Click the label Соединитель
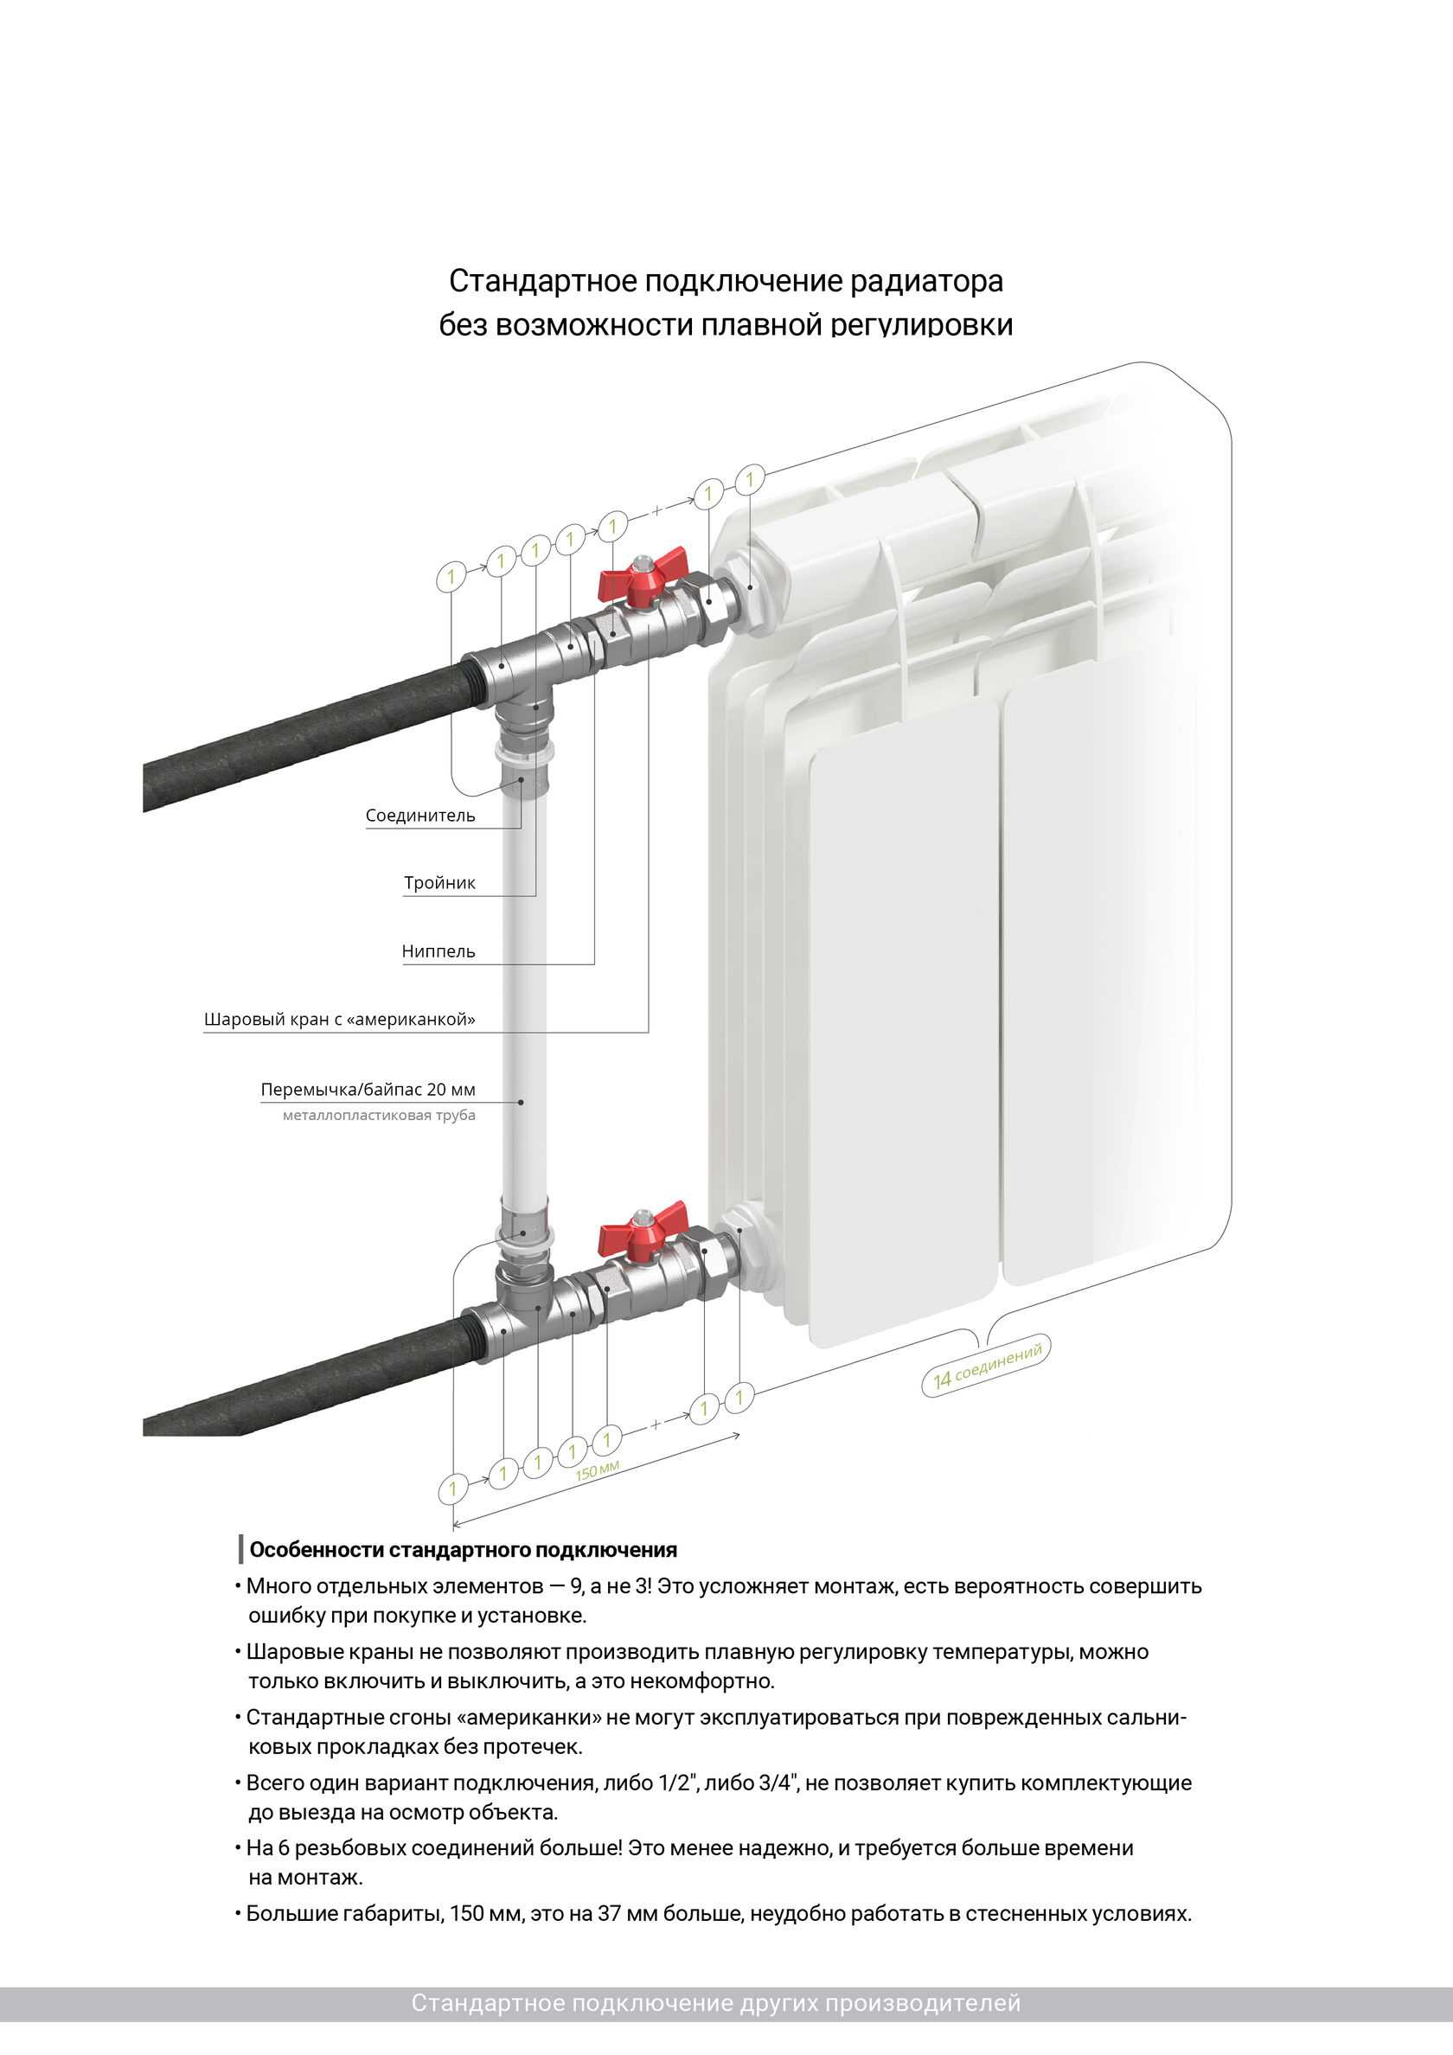coord(419,816)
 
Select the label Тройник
coord(438,882)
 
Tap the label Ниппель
coord(438,951)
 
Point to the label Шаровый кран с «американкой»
coord(339,1019)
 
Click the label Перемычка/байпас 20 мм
coord(368,1089)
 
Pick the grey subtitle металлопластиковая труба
coord(379,1115)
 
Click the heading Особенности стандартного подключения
coord(463,1550)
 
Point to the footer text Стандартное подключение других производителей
coord(716,2003)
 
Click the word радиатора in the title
coord(926,281)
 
